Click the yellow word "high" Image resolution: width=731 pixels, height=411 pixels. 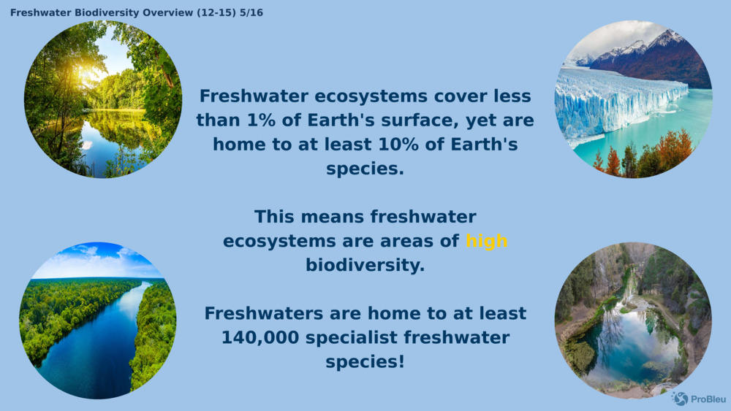(x=486, y=241)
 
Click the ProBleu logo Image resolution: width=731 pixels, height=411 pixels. (x=699, y=399)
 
